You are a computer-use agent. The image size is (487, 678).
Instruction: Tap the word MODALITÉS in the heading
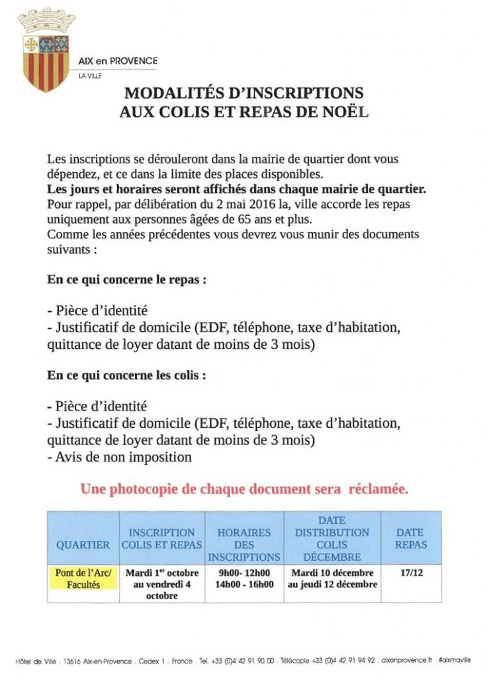click(x=174, y=93)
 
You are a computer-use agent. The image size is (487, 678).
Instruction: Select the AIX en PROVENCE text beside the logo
click(x=118, y=61)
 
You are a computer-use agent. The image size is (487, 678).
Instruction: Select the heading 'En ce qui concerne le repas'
click(x=126, y=279)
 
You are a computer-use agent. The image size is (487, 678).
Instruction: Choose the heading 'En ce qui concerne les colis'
click(x=126, y=375)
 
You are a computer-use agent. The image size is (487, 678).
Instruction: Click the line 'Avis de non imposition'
click(x=120, y=457)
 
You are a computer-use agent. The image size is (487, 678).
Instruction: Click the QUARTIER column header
click(x=83, y=545)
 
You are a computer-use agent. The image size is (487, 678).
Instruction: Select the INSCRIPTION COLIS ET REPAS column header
click(x=162, y=538)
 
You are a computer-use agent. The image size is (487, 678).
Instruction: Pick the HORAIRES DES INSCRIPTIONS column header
click(x=244, y=544)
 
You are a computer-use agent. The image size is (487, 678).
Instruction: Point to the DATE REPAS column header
click(x=411, y=538)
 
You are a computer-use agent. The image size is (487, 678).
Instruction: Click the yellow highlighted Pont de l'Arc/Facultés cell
click(x=83, y=578)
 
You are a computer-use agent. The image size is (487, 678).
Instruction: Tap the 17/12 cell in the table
click(x=411, y=572)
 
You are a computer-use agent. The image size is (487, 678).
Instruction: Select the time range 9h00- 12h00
click(x=244, y=573)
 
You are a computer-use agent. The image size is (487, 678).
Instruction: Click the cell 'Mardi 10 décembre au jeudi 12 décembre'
click(x=332, y=578)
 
